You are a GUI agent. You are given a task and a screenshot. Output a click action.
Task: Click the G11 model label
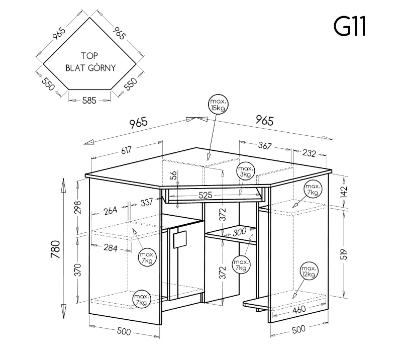coord(349,27)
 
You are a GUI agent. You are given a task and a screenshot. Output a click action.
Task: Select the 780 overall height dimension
coord(55,249)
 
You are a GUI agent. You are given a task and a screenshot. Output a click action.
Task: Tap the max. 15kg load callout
coord(218,105)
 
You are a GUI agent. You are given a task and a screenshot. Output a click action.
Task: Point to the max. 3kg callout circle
coord(246,171)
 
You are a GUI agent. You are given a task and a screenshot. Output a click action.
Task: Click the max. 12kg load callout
coord(309,271)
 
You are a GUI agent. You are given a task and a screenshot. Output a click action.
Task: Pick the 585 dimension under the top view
coord(89,101)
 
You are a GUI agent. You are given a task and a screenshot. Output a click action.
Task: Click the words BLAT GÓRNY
coord(91,68)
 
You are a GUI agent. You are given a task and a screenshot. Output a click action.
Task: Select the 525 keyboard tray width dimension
coord(206,195)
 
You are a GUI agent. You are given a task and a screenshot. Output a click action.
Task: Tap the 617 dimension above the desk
coord(126,150)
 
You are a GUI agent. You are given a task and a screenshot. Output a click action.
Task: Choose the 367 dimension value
coord(265,145)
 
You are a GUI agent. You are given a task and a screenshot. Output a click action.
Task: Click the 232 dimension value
coord(309,153)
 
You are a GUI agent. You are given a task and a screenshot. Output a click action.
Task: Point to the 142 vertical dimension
coord(344,192)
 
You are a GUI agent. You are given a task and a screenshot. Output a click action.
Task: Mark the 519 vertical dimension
coord(344,254)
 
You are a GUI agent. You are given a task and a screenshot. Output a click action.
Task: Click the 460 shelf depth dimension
coord(299,309)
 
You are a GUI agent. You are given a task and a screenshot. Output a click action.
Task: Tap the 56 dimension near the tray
coord(173,175)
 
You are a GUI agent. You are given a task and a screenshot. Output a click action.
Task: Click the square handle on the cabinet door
coord(180,239)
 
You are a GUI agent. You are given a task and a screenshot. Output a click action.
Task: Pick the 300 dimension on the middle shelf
coord(240,232)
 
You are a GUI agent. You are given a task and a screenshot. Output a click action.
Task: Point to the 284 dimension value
coord(111,248)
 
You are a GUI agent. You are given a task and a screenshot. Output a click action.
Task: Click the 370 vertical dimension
coord(78,269)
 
